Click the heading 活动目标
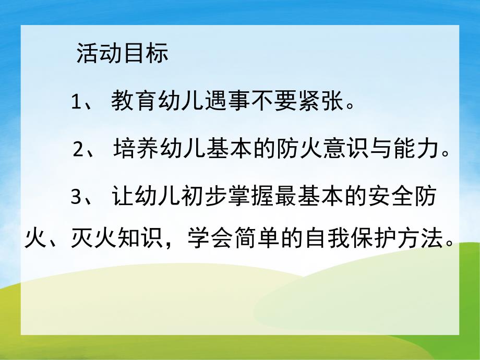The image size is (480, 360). point(122,54)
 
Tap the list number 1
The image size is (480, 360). point(77,102)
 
